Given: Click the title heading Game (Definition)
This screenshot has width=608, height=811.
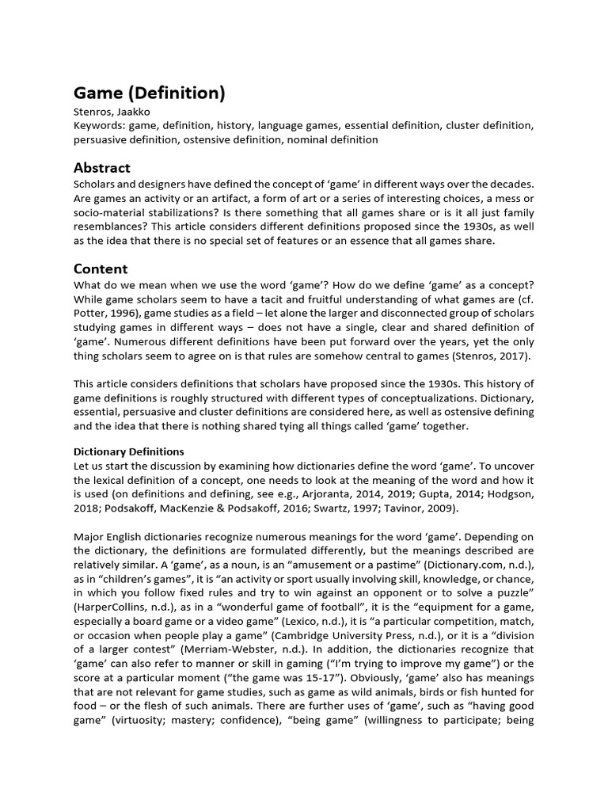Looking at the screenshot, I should pyautogui.click(x=150, y=93).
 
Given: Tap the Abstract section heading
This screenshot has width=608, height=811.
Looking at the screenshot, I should pyautogui.click(x=101, y=167).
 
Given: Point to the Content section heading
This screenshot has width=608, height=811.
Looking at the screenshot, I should pyautogui.click(x=101, y=268).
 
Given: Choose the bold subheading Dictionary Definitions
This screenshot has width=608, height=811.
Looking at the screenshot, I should pyautogui.click(x=129, y=451).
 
